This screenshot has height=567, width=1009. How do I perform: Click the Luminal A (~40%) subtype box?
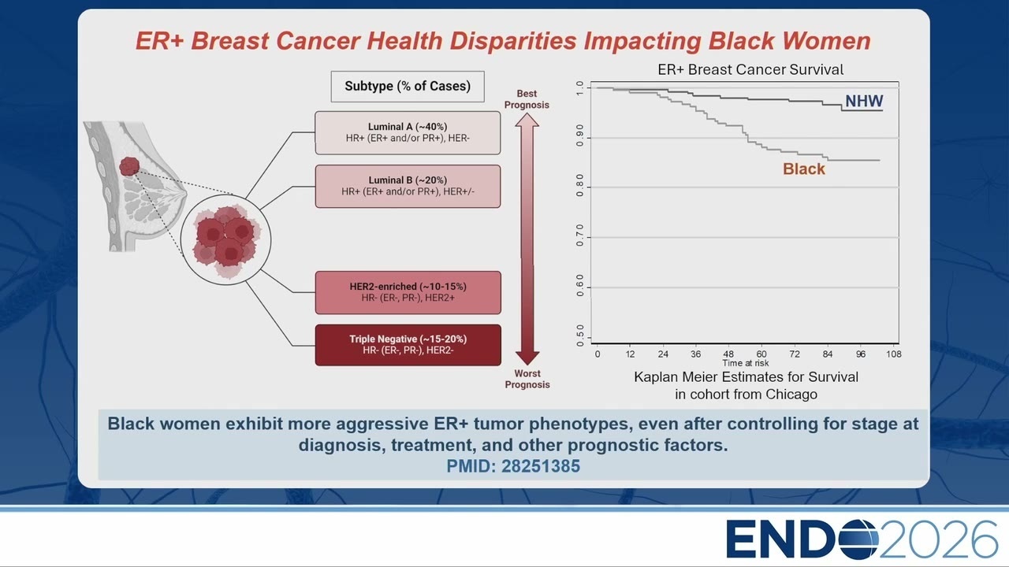408,133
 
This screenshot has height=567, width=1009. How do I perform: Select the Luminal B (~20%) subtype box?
408,187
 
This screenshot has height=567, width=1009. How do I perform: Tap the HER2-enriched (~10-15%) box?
408,292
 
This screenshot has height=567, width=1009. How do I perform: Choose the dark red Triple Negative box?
408,345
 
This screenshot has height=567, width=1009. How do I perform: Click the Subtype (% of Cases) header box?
408,87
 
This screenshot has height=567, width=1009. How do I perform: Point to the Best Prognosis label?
527,99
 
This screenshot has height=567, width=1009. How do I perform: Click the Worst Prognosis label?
527,379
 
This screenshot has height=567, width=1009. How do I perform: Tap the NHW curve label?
864,101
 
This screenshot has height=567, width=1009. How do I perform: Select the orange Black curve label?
803,169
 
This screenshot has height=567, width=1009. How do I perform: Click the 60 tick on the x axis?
761,354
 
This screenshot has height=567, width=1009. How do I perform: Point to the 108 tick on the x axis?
894,354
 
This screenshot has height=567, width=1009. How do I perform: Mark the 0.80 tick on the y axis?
580,185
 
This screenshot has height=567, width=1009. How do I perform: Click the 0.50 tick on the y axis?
580,335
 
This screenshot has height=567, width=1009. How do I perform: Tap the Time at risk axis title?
746,363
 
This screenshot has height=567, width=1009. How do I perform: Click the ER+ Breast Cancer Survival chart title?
750,70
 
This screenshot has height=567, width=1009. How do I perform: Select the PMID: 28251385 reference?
513,466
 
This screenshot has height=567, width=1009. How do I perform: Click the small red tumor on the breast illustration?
129,166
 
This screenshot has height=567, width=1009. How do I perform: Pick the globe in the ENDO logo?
858,539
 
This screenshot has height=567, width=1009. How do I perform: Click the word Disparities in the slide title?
513,41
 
